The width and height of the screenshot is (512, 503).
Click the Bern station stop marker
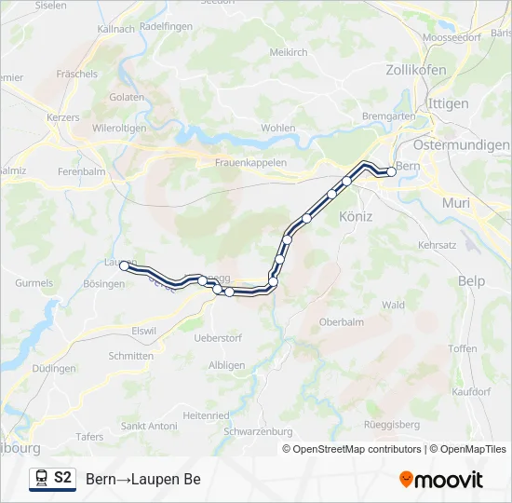coord(392,170)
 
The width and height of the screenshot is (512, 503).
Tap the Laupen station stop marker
coord(124,265)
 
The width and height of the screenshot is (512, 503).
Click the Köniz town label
coord(357,216)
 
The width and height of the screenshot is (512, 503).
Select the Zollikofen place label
coord(416,70)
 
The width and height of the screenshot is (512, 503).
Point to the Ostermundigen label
coord(462,145)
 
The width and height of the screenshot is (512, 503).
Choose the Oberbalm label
coord(341,321)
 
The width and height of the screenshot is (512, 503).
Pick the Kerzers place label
coord(62,118)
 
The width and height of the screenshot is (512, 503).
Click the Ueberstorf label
coord(219,337)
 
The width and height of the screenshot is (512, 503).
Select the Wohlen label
coord(278,128)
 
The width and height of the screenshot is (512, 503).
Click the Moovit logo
coord(441,480)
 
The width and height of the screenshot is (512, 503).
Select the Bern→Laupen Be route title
coord(143,480)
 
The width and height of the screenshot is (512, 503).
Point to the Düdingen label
coord(54,369)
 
